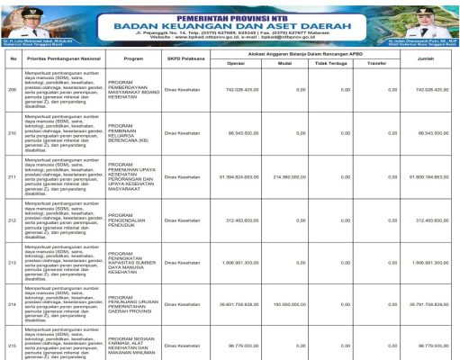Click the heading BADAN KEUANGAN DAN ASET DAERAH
tap(236, 25)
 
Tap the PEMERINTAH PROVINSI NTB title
tap(236, 13)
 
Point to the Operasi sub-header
tap(236, 64)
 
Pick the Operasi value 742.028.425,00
tap(242, 90)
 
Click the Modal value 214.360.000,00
tap(291, 177)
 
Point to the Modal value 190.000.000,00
tap(291, 305)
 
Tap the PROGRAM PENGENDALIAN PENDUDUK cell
tap(131, 220)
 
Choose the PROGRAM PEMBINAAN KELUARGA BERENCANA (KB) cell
tap(131, 133)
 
